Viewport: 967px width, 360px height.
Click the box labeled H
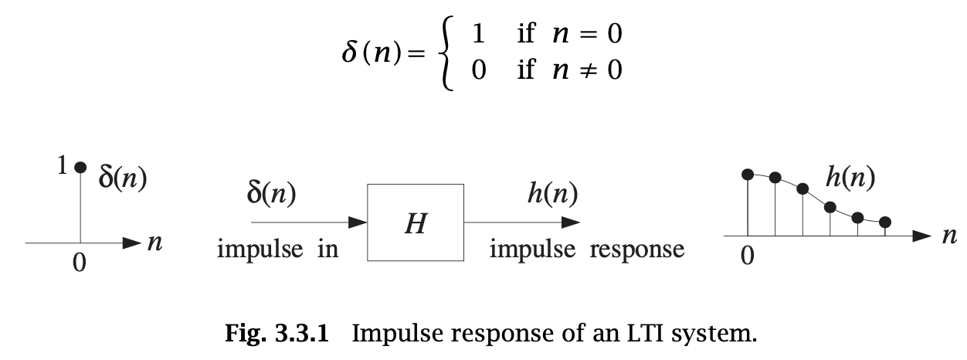click(x=415, y=222)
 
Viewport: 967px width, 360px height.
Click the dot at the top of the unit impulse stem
click(x=80, y=167)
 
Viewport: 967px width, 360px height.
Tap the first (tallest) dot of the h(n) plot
click(x=747, y=175)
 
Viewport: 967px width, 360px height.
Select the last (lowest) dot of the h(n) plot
click(x=885, y=222)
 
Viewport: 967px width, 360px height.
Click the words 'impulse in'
click(x=277, y=250)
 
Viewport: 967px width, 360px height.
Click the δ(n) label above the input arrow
click(x=270, y=195)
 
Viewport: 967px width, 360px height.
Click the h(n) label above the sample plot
click(x=850, y=178)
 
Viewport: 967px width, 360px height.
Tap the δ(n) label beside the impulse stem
click(x=123, y=178)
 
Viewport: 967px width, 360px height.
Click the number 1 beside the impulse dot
click(x=63, y=165)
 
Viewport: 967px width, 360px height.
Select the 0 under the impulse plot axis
click(x=80, y=263)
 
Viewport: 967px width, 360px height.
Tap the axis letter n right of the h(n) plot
click(x=949, y=236)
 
